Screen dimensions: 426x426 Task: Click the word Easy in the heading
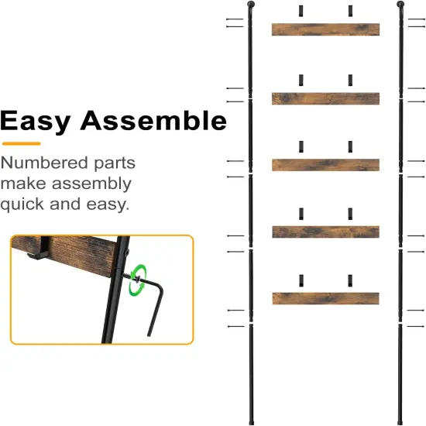(36, 122)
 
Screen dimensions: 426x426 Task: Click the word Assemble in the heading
(154, 122)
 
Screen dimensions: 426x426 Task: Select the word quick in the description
(29, 205)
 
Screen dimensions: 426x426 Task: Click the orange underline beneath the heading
(20, 143)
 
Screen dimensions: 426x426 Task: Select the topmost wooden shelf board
(325, 29)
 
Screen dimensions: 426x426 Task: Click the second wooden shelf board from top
(325, 98)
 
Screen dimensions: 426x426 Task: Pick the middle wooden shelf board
(325, 164)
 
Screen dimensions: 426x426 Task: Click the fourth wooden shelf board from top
(325, 232)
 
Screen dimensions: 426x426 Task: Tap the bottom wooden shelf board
(325, 297)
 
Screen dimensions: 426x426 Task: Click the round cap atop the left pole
(251, 6)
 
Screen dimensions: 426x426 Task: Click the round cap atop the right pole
(400, 6)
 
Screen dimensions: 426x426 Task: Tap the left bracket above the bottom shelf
(301, 280)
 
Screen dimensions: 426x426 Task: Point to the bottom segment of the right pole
(400, 372)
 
